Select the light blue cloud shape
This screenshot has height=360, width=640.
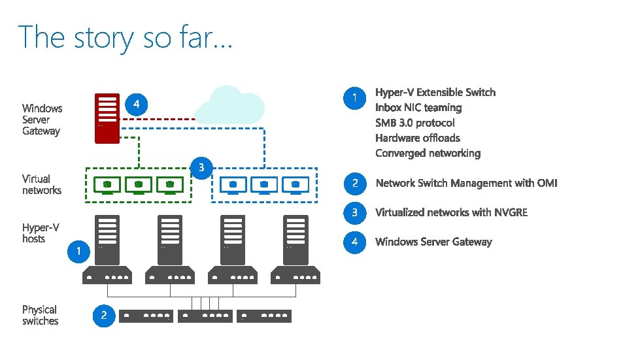(230, 105)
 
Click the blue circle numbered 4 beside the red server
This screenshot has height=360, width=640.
(136, 104)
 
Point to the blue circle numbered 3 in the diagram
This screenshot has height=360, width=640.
(201, 168)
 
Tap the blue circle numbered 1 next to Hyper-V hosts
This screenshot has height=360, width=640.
(78, 251)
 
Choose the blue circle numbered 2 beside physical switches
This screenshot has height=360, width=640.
(103, 316)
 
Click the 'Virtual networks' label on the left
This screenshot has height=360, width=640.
(41, 184)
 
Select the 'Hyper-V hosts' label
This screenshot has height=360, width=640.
(41, 233)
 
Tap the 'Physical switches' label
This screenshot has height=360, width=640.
(40, 315)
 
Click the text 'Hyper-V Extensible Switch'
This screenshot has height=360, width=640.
(435, 92)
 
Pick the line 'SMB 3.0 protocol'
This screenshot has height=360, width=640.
(414, 123)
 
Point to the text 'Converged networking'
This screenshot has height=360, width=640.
(428, 154)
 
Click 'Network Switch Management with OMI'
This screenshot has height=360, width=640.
(466, 183)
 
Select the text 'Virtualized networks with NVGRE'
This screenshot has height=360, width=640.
(451, 212)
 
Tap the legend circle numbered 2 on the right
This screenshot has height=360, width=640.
(354, 184)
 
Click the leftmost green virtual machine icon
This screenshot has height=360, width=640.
(107, 185)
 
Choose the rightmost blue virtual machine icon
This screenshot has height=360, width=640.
(295, 185)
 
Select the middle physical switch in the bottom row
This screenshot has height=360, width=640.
(205, 316)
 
